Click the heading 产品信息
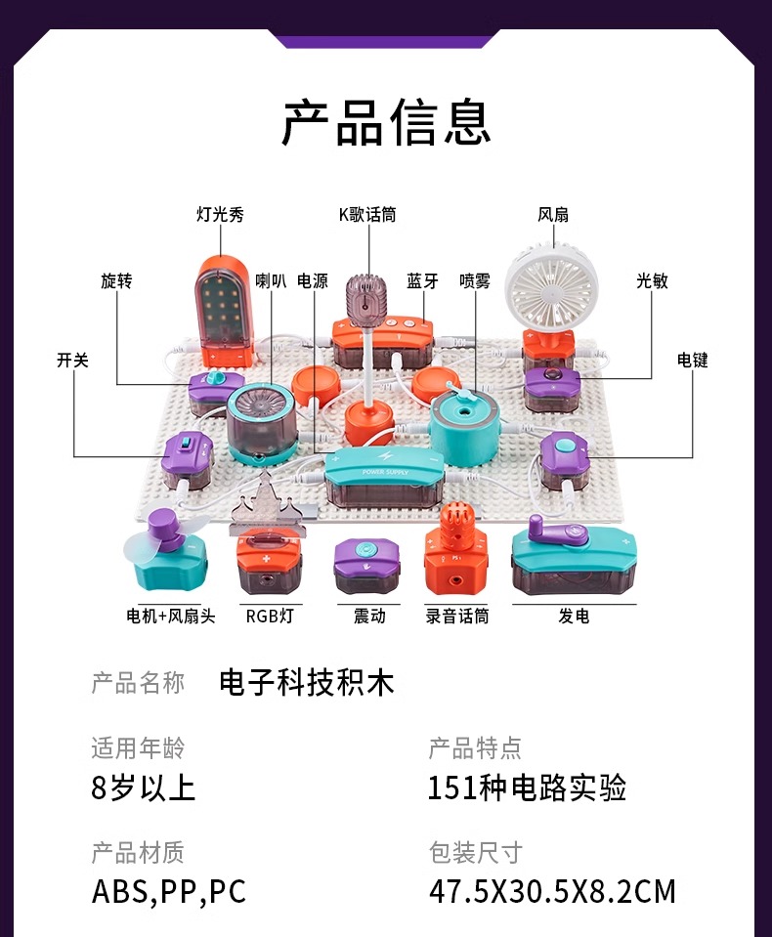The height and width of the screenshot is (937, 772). click(x=386, y=123)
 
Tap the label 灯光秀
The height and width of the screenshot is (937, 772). click(x=220, y=215)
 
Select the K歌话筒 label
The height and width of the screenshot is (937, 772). click(x=367, y=215)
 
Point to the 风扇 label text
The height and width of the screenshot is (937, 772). click(x=553, y=215)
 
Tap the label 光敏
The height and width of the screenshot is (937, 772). click(x=652, y=281)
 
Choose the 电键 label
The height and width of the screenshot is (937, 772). click(x=692, y=360)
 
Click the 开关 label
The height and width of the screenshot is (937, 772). click(x=72, y=360)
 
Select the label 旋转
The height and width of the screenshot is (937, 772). click(x=116, y=281)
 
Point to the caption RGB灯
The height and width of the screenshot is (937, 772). click(x=269, y=616)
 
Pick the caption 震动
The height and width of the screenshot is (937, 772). click(x=368, y=616)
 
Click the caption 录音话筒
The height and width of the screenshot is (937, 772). click(x=457, y=616)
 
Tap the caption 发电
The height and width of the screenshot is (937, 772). click(x=574, y=616)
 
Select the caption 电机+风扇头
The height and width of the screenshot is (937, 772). click(x=171, y=616)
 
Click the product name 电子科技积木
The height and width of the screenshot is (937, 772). click(x=307, y=682)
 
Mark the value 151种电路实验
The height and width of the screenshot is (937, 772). click(x=527, y=788)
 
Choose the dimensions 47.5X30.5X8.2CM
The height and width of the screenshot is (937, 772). click(x=552, y=891)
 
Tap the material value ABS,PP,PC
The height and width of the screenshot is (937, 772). click(x=169, y=891)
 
